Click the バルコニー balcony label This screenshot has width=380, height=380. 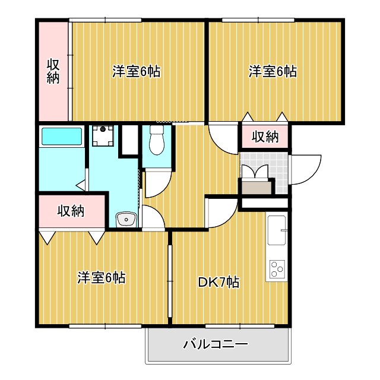coord(214,344)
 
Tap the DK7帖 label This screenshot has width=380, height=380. coord(218,283)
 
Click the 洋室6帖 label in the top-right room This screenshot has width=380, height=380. coord(273,72)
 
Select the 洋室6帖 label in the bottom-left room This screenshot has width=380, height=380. coord(101,277)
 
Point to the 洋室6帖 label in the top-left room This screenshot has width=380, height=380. coord(137,72)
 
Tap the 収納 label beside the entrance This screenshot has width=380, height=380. coord(265,137)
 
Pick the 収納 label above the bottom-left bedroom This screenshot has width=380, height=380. coord(70,210)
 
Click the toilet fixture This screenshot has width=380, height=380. coord(157,140)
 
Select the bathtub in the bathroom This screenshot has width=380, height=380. coord(61,137)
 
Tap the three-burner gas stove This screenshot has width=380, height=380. coord(277,269)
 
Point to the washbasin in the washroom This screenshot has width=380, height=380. coord(126,220)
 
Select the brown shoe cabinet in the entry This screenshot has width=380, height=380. coord(256,186)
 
